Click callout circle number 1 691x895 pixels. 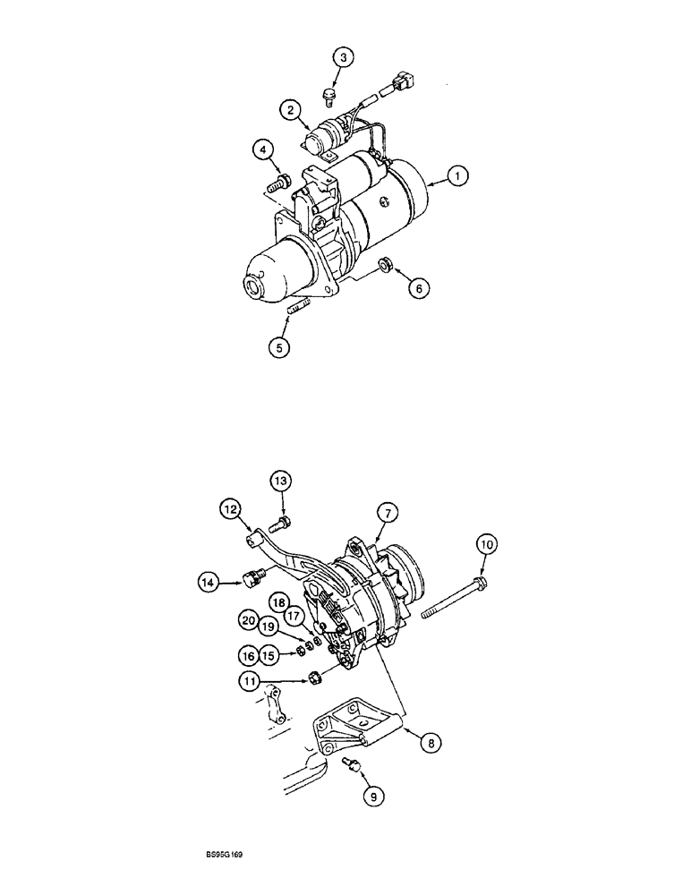pos(456,178)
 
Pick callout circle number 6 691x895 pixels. pos(417,287)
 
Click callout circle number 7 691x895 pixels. pos(387,513)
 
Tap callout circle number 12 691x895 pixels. pos(233,509)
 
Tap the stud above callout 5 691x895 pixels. pos(298,311)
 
